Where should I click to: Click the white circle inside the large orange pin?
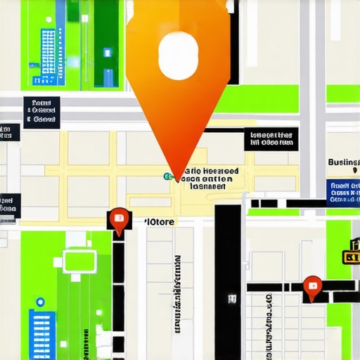[x=179, y=54]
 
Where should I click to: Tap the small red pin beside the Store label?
[x=119, y=219]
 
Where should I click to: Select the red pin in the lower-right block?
[x=312, y=286]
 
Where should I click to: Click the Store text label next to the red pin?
[x=160, y=221]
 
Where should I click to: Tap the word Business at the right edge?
[x=344, y=162]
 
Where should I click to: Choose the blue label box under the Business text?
[x=344, y=191]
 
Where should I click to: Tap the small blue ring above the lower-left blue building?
[x=40, y=302]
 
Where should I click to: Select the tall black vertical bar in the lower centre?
[x=228, y=281]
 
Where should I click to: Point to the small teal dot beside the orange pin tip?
[x=167, y=176]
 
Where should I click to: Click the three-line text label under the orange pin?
[x=207, y=179]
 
